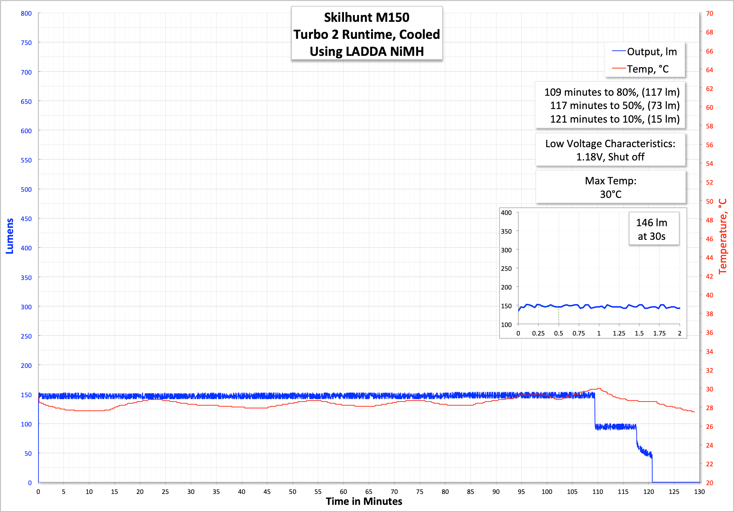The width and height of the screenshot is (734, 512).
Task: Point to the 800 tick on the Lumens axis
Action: coord(26,14)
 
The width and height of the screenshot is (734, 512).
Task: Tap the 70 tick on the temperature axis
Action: coord(709,14)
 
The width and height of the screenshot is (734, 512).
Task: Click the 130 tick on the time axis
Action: coord(699,492)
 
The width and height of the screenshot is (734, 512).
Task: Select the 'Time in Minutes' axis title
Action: coord(364,501)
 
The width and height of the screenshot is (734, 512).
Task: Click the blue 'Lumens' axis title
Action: coord(10,236)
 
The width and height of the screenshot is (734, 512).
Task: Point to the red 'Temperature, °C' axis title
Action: coord(722,236)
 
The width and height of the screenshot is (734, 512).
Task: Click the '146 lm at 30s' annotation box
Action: coord(651,229)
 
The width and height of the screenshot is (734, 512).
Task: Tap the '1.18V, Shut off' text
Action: coord(610,157)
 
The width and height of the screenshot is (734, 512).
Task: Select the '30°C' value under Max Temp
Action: coord(611,194)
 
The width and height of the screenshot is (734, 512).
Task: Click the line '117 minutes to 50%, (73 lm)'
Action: coord(615,106)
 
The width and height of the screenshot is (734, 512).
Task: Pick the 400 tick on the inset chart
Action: coord(506,213)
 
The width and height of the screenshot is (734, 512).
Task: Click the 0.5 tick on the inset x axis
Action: coord(558,333)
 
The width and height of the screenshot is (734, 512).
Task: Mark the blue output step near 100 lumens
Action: coord(615,426)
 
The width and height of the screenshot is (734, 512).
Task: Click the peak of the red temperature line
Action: coord(599,388)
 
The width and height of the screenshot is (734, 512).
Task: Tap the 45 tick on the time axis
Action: coord(267,492)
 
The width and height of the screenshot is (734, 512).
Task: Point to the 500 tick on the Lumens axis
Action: coord(26,189)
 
